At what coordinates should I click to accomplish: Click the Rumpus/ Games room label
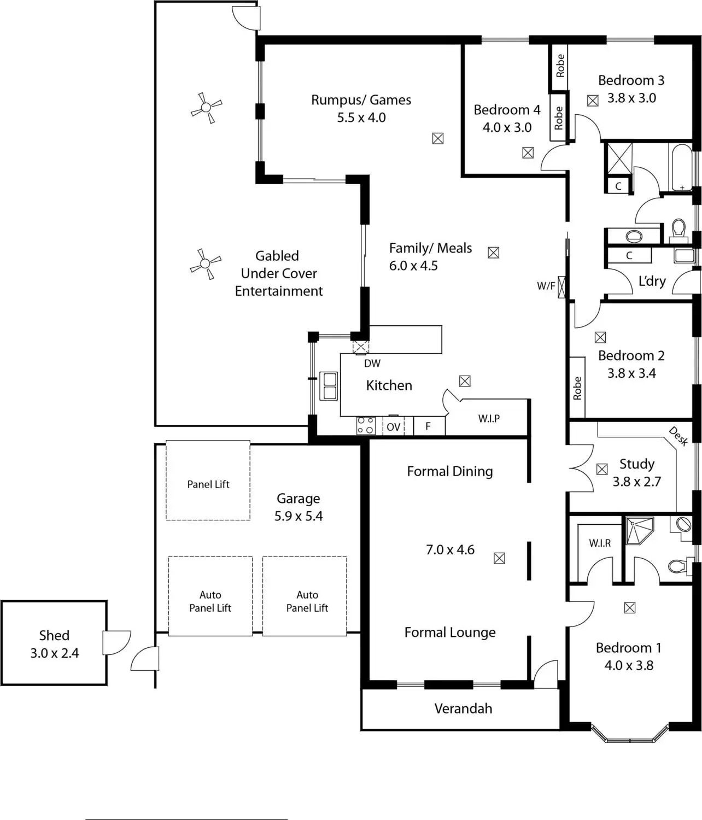(x=361, y=100)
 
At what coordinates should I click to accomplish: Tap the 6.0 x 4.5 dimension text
(x=413, y=266)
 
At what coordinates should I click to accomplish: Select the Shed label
(x=54, y=635)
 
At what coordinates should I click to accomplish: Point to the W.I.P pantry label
(x=489, y=419)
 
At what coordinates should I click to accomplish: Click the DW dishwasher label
(x=372, y=364)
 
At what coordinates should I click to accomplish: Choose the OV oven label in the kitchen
(x=394, y=427)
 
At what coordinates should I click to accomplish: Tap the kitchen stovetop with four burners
(x=365, y=426)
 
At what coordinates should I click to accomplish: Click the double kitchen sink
(x=329, y=386)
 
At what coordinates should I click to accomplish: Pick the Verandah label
(x=463, y=708)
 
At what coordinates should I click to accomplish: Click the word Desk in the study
(x=678, y=436)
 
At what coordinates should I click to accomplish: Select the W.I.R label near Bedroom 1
(x=600, y=543)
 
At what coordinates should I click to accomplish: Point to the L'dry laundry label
(x=652, y=281)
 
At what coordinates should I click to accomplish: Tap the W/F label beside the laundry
(x=546, y=286)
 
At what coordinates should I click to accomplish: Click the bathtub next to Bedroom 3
(x=681, y=167)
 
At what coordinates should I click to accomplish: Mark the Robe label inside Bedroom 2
(x=577, y=388)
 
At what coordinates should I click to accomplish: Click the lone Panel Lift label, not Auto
(x=208, y=484)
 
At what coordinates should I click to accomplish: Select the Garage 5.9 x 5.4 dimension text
(x=299, y=516)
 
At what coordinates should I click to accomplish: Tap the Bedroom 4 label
(x=507, y=110)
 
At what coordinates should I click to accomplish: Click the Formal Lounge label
(x=450, y=632)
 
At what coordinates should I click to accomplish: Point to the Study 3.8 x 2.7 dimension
(x=636, y=482)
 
